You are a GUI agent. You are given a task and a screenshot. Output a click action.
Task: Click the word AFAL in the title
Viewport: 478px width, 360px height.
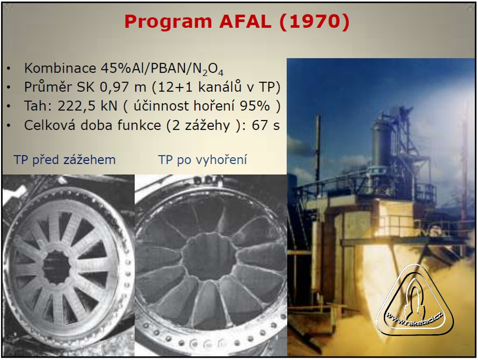tap(245, 22)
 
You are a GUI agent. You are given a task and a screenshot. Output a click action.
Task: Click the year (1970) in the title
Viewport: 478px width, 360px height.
tap(314, 22)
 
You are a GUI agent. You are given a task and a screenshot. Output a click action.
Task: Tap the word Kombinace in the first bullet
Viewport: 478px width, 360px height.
tap(60, 68)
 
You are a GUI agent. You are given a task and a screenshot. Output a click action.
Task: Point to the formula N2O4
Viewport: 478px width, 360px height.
tap(208, 69)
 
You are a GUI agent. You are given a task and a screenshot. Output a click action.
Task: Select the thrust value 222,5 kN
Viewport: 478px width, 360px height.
tap(87, 106)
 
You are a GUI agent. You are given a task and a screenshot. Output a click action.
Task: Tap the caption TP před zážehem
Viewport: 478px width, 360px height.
tap(65, 160)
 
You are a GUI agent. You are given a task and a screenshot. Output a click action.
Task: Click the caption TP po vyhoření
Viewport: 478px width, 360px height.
tap(202, 160)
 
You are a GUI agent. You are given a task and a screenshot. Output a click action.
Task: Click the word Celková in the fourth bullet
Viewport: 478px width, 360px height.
tap(50, 125)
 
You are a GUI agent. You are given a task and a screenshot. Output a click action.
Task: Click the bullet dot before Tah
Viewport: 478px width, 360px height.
tap(9, 107)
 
